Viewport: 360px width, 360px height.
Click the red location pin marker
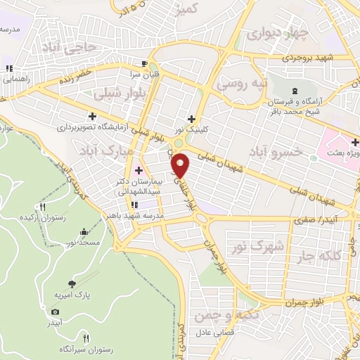click(181, 165)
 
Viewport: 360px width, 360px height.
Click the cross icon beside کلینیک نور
click(191, 118)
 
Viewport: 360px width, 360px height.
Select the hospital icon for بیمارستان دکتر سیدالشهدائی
click(138, 170)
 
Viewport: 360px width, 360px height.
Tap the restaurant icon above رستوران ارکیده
click(43, 207)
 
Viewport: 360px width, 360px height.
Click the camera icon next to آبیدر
click(55, 311)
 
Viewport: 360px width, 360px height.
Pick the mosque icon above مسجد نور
click(84, 232)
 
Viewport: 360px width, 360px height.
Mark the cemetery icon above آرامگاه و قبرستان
click(295, 92)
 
